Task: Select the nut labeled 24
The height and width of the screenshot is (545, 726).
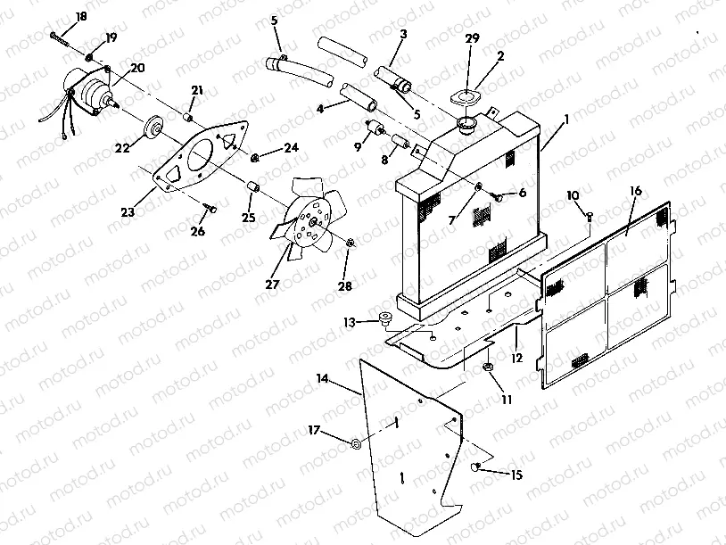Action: tap(255, 158)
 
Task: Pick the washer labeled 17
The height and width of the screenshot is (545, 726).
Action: tap(357, 443)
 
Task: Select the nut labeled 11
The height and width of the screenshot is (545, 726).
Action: tap(490, 367)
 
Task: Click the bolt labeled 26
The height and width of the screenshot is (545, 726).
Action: tap(209, 209)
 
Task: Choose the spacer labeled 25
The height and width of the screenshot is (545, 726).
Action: tap(252, 187)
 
